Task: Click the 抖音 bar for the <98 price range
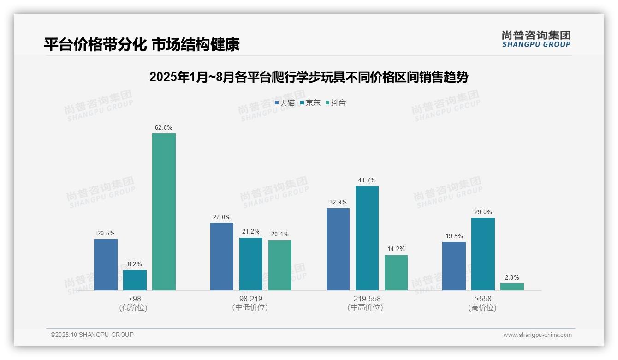pyautogui.click(x=164, y=212)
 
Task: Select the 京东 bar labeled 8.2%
pyautogui.click(x=135, y=280)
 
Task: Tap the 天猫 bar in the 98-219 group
pyautogui.click(x=222, y=257)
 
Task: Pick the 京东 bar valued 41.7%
pyautogui.click(x=367, y=238)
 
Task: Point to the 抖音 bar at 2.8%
pyautogui.click(x=512, y=287)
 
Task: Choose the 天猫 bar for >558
pyautogui.click(x=454, y=266)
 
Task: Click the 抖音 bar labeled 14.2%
pyautogui.click(x=396, y=273)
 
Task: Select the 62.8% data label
pyautogui.click(x=164, y=128)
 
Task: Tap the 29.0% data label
pyautogui.click(x=483, y=212)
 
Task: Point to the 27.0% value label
pyautogui.click(x=222, y=217)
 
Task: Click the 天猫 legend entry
pyautogui.click(x=285, y=103)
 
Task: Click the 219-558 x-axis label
pyautogui.click(x=367, y=299)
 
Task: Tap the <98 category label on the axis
pyautogui.click(x=135, y=299)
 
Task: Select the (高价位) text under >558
pyautogui.click(x=482, y=307)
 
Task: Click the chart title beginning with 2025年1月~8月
pyautogui.click(x=309, y=77)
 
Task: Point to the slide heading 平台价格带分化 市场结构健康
pyautogui.click(x=142, y=45)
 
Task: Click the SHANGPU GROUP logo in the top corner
pyautogui.click(x=536, y=39)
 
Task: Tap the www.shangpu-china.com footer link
pyautogui.click(x=537, y=335)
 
